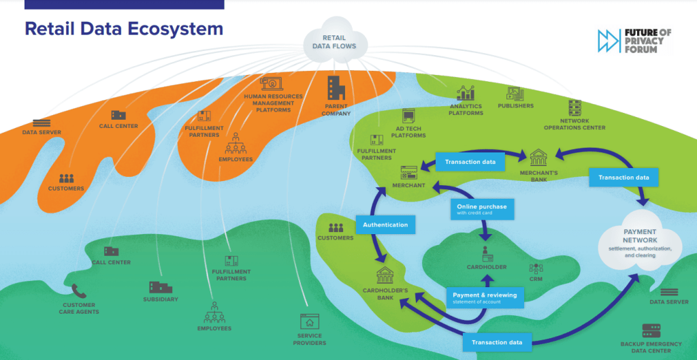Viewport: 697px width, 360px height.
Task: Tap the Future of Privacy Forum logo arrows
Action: point(607,40)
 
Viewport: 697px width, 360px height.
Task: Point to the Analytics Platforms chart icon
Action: point(466,93)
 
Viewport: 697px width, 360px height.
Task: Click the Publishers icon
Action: point(515,94)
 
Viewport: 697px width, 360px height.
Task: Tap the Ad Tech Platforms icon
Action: point(408,116)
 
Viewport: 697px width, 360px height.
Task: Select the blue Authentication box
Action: point(385,225)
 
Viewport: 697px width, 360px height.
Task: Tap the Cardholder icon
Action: point(487,255)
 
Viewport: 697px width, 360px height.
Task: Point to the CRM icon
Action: point(536,268)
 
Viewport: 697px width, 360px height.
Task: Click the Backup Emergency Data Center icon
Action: point(651,331)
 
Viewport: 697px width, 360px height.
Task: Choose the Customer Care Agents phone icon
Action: point(79,291)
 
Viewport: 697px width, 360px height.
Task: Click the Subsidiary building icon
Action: point(160,287)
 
